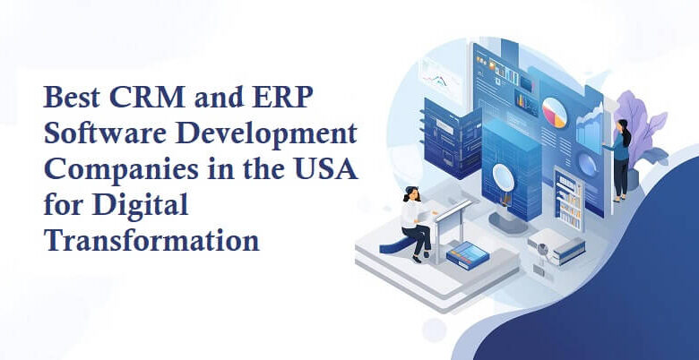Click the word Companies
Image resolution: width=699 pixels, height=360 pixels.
click(108, 170)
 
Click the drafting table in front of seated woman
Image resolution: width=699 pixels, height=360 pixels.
click(453, 219)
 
